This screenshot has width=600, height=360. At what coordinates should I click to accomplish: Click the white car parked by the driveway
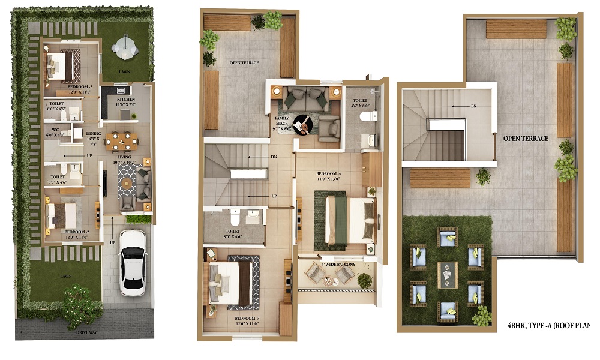(x=133, y=262)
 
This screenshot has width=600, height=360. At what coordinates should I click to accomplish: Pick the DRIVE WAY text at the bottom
(x=88, y=331)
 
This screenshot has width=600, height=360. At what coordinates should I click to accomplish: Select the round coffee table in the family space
(x=304, y=124)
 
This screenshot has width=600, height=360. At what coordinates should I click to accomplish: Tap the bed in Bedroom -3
(x=233, y=283)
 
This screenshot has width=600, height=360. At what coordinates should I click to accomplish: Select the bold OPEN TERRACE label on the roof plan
(x=526, y=139)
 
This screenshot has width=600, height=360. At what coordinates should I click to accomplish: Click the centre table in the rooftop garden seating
(x=447, y=274)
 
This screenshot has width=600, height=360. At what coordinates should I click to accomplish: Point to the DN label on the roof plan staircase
(x=473, y=106)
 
